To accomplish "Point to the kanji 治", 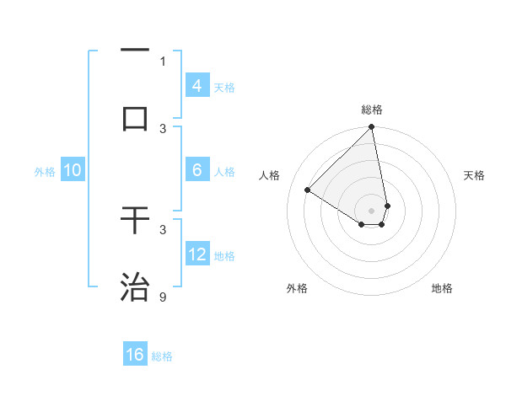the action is click(136, 286).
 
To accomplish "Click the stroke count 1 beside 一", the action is click(163, 61).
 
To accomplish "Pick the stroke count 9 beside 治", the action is click(163, 297).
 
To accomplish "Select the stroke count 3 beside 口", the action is click(163, 128).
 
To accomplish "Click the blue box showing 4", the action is click(197, 85).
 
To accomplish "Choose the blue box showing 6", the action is click(197, 169).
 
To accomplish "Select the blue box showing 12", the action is click(197, 254).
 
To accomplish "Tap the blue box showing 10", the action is click(73, 170).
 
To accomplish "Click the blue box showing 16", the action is click(135, 355).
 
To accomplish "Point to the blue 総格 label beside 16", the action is click(162, 356).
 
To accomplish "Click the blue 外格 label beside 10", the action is click(45, 172).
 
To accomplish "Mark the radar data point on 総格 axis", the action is click(371, 128).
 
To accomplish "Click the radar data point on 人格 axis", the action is click(308, 190).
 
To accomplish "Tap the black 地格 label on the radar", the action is click(442, 288).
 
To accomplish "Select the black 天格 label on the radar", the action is click(474, 175).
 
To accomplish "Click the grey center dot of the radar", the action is click(371, 210).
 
